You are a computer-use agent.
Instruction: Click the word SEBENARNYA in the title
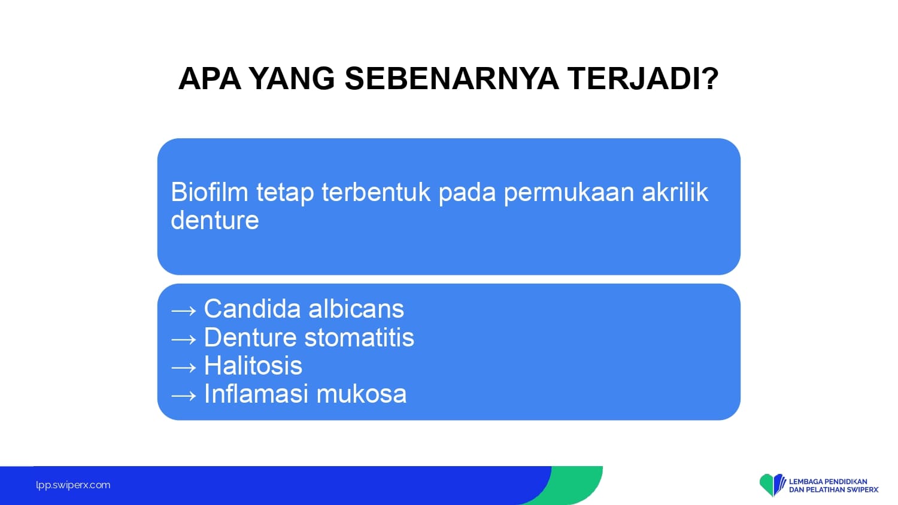pos(451,78)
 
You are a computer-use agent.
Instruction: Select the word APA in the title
pos(210,78)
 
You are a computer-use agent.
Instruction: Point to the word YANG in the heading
pos(292,78)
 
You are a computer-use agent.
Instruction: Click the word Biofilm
pos(210,192)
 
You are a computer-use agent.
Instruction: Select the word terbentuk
pos(375,192)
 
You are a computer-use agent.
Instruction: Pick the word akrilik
pos(675,192)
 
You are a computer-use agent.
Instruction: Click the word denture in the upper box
pos(215,220)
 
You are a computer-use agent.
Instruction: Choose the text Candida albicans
pos(304,309)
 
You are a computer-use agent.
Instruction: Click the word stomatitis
pos(359,337)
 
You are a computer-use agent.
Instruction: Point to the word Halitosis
pos(253,366)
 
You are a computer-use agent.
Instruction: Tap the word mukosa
pos(362,394)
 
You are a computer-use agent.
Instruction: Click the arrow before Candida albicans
pos(184,311)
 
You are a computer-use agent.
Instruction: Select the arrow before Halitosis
pos(184,367)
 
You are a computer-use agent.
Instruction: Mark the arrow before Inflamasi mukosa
pos(184,396)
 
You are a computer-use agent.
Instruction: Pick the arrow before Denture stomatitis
pos(184,339)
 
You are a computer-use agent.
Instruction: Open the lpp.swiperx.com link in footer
pos(73,485)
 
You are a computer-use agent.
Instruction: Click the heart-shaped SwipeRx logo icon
pos(772,484)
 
